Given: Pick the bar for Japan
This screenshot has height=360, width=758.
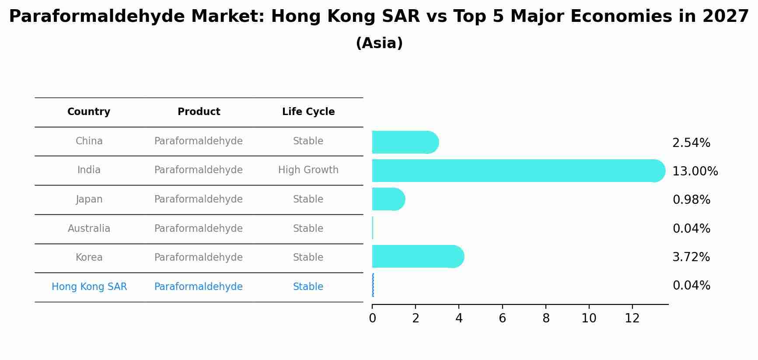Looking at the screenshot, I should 387,199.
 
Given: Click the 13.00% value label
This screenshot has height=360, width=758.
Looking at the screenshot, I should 695,171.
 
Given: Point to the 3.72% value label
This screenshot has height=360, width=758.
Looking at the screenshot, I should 691,257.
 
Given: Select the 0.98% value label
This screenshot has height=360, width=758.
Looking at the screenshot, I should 691,200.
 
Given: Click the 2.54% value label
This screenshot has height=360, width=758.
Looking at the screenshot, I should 691,143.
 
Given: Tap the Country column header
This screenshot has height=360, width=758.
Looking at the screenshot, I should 89,112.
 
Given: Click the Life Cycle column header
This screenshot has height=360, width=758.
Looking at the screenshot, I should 308,112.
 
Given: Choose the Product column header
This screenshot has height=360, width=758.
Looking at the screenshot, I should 199,112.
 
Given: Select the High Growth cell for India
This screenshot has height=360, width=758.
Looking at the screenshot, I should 308,170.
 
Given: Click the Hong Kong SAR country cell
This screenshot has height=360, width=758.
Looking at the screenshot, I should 89,287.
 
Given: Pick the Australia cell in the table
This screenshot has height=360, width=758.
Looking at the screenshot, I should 89,228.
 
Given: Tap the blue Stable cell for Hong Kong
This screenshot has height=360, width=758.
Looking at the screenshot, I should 308,287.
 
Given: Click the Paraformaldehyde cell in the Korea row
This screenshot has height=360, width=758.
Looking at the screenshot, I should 198,258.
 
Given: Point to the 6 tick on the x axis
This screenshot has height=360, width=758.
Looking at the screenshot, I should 502,318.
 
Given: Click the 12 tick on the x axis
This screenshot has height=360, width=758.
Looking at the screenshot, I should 632,318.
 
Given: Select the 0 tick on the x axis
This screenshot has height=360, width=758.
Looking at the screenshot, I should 372,318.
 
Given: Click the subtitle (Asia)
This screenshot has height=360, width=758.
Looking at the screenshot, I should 379,43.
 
